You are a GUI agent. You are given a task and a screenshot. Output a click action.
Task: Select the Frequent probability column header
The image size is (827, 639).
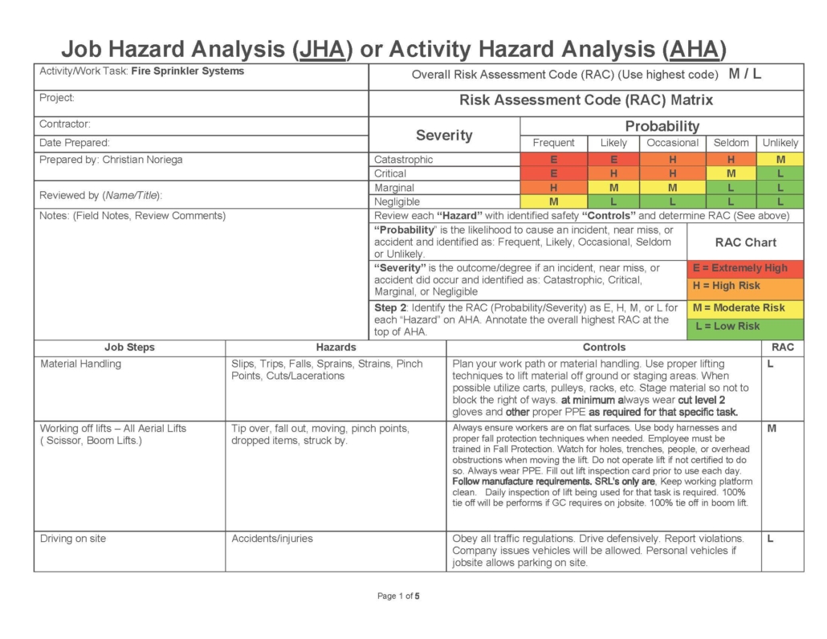[553, 143]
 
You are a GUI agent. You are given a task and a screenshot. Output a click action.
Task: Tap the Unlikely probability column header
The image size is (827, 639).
[780, 143]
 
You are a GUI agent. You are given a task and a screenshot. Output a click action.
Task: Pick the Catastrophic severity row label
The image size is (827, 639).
[404, 160]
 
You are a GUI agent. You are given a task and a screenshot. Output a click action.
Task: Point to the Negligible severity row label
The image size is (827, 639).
[397, 201]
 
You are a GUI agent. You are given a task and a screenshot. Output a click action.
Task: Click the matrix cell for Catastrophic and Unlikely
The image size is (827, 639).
[780, 160]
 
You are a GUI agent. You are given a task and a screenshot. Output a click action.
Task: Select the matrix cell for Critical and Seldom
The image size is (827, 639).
[731, 173]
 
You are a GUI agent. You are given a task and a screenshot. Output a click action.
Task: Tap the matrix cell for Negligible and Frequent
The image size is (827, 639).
[553, 201]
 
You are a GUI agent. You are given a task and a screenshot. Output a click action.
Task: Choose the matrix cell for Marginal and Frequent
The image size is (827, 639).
[553, 188]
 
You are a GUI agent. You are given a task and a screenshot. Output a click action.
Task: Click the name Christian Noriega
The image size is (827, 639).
[142, 160]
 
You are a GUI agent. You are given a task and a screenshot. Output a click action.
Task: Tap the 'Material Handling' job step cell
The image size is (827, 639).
[81, 364]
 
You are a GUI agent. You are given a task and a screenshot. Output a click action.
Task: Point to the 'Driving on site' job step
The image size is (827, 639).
[73, 539]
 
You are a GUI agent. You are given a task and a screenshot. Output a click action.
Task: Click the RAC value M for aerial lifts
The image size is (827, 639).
[772, 429]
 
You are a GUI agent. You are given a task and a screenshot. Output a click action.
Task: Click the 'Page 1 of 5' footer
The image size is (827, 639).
[399, 596]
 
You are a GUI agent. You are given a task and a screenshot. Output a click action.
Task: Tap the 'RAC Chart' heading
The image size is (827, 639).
[744, 242]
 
